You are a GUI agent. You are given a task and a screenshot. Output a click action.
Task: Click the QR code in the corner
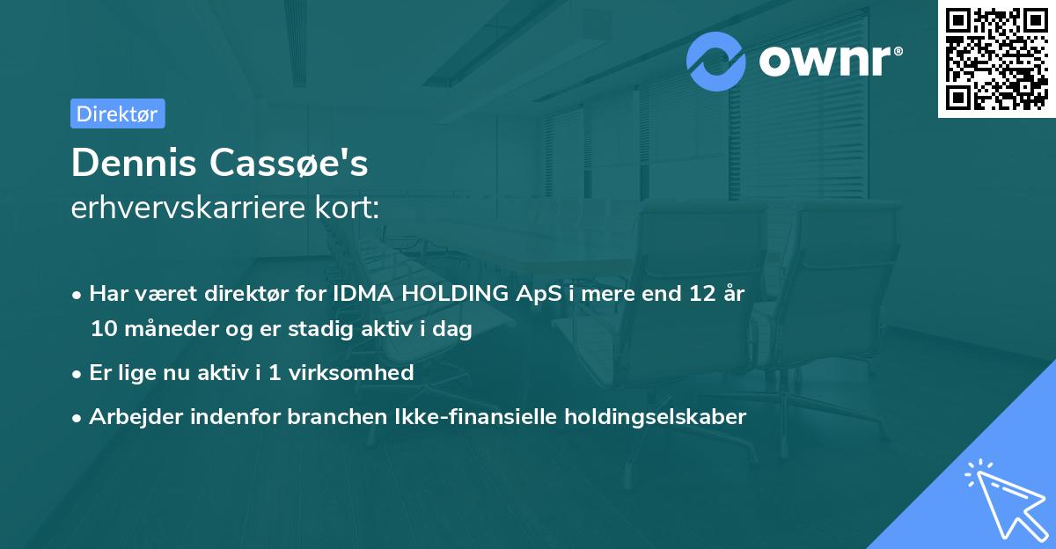(996, 59)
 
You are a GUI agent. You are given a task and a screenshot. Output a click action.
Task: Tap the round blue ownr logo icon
(716, 62)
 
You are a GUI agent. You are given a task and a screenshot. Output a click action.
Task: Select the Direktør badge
(117, 113)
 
